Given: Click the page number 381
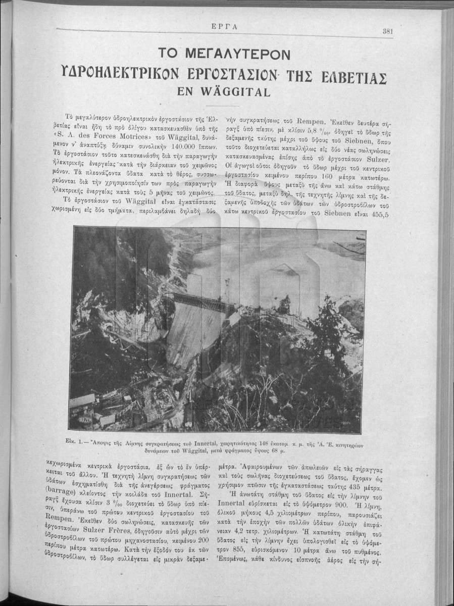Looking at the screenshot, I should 388,30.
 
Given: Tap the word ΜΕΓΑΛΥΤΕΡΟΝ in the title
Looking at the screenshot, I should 225,54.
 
